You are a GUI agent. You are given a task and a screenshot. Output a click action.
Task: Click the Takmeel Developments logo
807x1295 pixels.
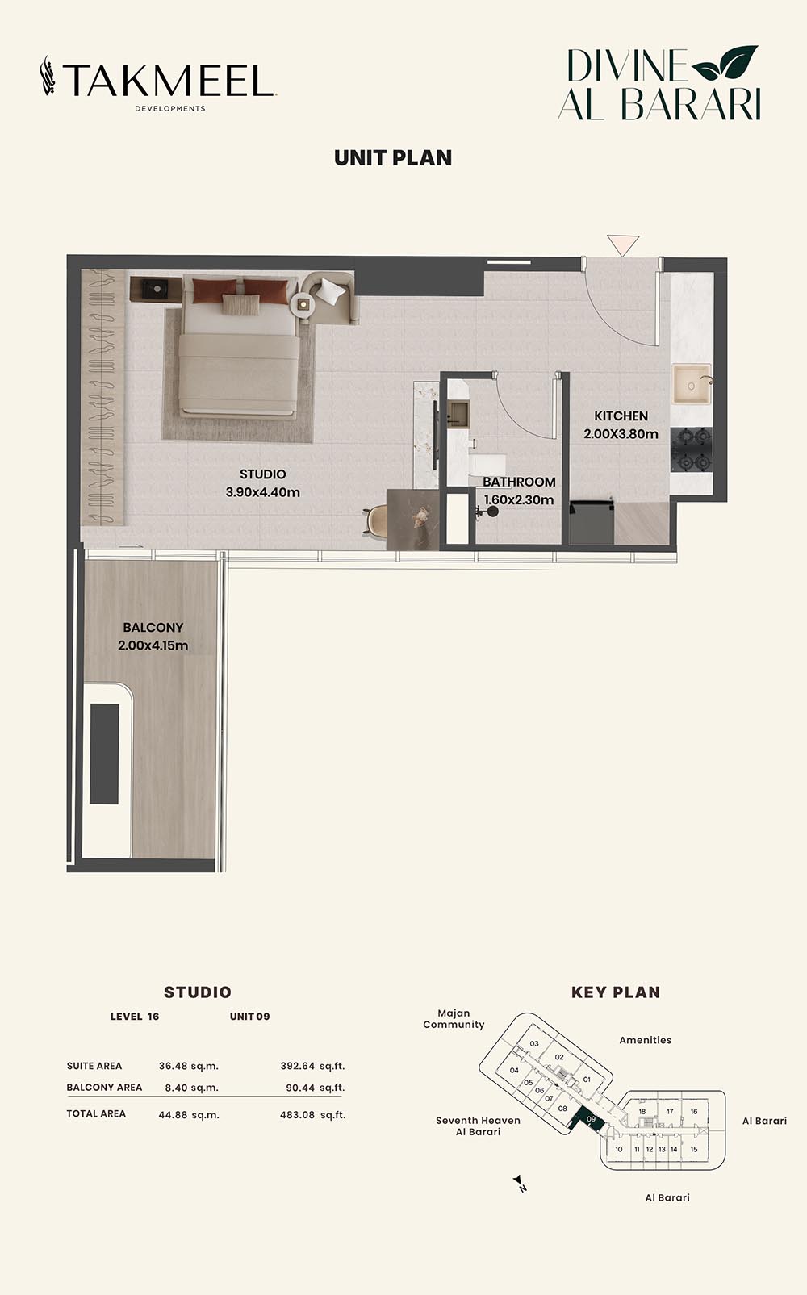pyautogui.click(x=158, y=82)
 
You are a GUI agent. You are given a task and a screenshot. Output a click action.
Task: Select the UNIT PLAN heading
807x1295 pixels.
pyautogui.click(x=393, y=158)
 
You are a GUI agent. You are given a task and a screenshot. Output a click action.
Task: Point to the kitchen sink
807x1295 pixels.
pyautogui.click(x=692, y=384)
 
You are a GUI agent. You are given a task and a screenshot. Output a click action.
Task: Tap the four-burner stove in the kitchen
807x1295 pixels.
pyautogui.click(x=692, y=450)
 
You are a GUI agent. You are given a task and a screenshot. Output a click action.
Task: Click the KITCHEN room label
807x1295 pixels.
pyautogui.click(x=621, y=416)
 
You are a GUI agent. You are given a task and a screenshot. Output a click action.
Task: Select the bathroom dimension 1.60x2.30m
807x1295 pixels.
pyautogui.click(x=519, y=500)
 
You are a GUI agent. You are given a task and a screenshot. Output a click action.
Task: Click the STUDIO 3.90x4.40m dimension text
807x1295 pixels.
pyautogui.click(x=262, y=492)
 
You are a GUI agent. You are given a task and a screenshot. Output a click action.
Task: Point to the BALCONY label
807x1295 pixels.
pyautogui.click(x=153, y=627)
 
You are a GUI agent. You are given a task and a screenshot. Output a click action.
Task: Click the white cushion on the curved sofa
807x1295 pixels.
pyautogui.click(x=331, y=291)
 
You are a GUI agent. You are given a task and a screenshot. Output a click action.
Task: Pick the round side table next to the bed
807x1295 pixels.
pyautogui.click(x=304, y=304)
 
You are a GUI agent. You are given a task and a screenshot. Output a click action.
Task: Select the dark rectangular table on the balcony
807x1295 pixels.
pyautogui.click(x=105, y=754)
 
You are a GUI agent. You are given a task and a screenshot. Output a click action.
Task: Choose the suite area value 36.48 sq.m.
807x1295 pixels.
pyautogui.click(x=189, y=1066)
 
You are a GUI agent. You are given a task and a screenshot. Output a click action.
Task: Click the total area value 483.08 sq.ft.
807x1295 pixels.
pyautogui.click(x=312, y=1115)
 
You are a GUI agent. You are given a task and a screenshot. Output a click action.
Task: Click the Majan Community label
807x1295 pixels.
pyautogui.click(x=454, y=1019)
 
